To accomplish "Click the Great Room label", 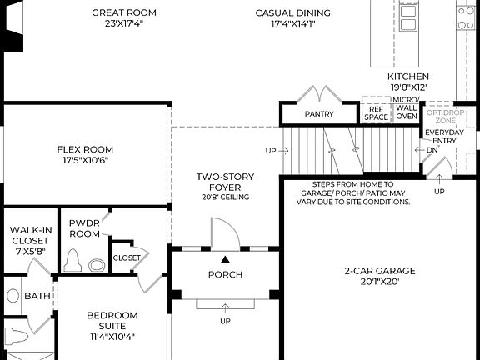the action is [124, 12].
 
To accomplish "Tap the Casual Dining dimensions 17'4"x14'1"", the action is [293, 24].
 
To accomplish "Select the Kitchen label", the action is [408, 77].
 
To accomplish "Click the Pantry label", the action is [319, 114].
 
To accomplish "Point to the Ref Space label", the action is [376, 113].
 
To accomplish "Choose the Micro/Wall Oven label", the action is [406, 108].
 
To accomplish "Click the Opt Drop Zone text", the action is [445, 117].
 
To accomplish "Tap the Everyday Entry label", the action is [444, 137].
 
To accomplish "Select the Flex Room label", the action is [85, 149].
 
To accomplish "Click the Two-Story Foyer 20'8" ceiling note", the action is [226, 197].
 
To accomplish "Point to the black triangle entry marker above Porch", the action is [226, 260].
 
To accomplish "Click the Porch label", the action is [226, 275].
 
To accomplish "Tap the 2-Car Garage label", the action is [380, 271].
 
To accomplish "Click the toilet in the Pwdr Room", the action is [72, 261].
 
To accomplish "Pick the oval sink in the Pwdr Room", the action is [97, 265].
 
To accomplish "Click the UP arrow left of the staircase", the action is [284, 151].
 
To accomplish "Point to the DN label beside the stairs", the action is [432, 150].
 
